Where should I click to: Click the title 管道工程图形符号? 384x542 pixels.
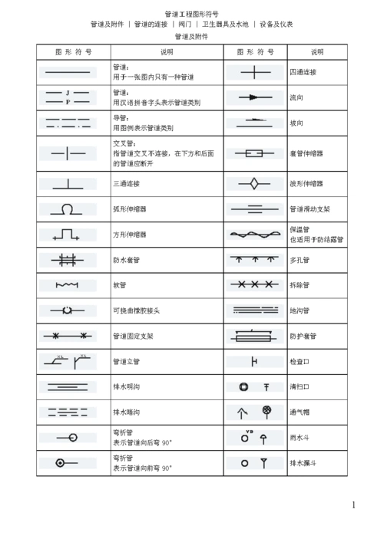tap(191, 14)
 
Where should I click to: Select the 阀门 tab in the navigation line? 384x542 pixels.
tap(185, 25)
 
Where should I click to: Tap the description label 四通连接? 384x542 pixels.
tap(303, 72)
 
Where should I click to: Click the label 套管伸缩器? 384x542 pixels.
tap(305, 153)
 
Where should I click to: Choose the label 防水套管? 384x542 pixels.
tap(126, 260)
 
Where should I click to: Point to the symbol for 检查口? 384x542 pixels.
tap(254, 361)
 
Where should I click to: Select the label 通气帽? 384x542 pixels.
tap(300, 412)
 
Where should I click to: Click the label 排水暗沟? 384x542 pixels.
tap(126, 412)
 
